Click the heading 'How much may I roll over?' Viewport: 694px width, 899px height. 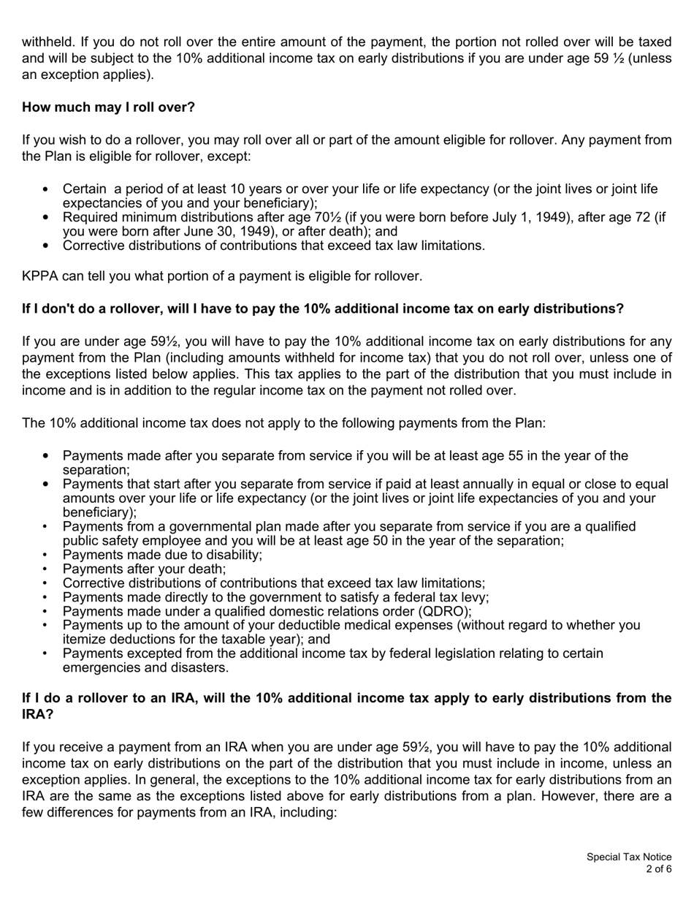point(108,107)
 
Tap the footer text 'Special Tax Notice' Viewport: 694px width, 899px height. point(629,857)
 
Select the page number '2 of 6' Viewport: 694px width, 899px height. point(658,869)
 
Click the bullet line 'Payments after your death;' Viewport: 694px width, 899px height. point(144,569)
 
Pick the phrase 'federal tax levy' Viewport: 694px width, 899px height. point(442,597)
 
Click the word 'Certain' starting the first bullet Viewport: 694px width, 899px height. point(84,189)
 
